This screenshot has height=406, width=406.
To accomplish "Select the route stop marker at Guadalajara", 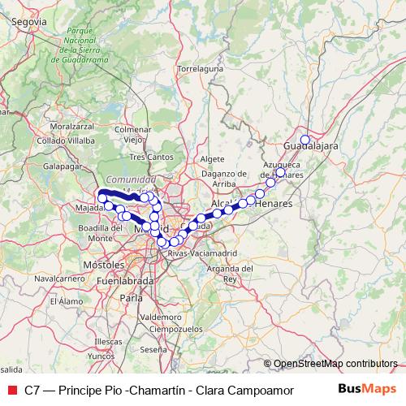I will click(x=305, y=140).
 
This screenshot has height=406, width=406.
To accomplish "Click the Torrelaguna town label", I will click(x=200, y=69).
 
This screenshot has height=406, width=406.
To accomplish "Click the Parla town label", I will click(x=131, y=298).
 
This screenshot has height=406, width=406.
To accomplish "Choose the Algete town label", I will click(x=211, y=159).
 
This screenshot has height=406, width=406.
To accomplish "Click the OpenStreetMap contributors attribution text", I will click(x=335, y=364).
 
